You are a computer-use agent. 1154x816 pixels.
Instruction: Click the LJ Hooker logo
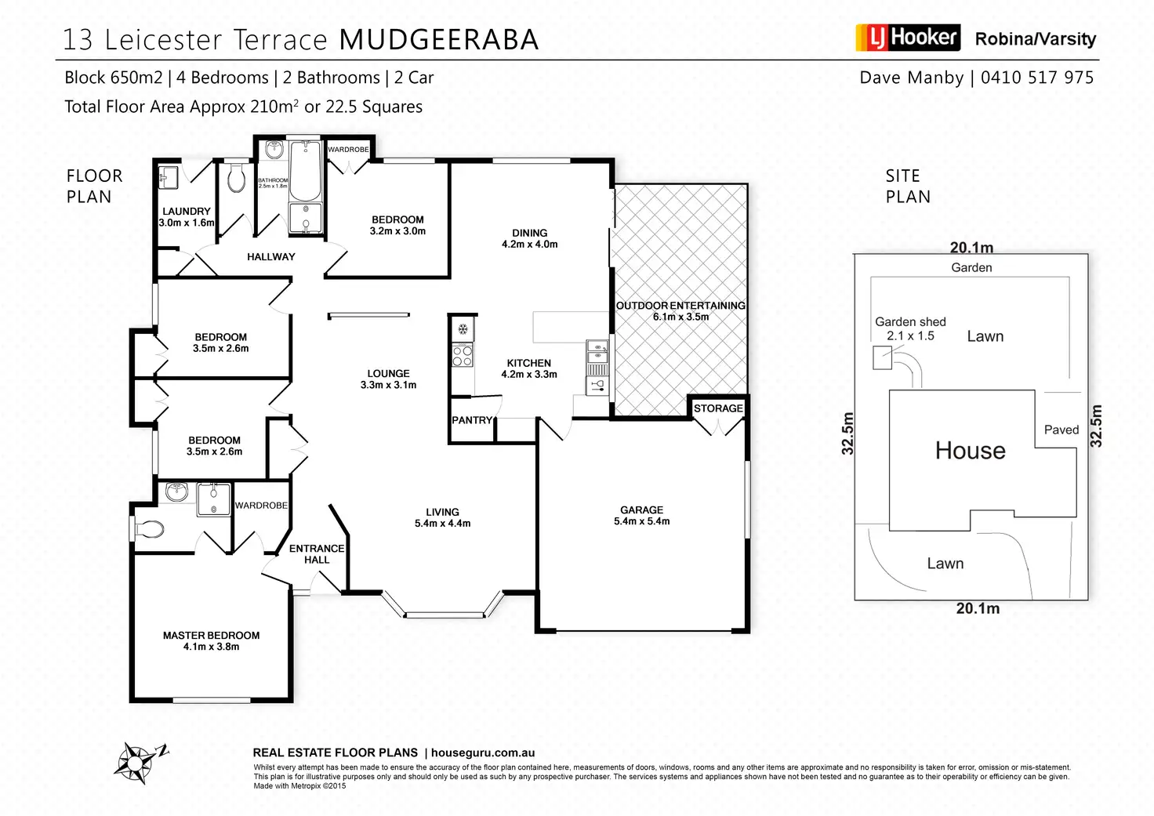click(x=908, y=38)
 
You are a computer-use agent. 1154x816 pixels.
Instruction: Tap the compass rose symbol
click(x=139, y=761)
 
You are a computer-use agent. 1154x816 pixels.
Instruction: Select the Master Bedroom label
click(x=211, y=640)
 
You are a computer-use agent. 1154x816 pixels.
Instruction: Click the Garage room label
click(x=641, y=515)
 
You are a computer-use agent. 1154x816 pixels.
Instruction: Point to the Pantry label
click(x=472, y=420)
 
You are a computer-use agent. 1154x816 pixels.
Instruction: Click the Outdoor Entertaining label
click(x=680, y=310)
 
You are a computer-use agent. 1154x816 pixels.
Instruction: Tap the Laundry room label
click(x=187, y=216)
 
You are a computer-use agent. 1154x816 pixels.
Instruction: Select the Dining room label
click(x=529, y=238)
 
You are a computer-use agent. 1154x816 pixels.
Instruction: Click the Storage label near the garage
click(x=717, y=408)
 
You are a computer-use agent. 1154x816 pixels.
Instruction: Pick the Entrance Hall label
click(x=316, y=553)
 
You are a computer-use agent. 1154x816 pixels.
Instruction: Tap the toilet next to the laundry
click(x=236, y=180)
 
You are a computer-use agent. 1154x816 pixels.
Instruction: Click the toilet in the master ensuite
click(x=151, y=529)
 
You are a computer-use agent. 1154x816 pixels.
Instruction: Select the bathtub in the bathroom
click(x=305, y=170)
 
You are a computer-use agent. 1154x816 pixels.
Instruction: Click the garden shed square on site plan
click(x=882, y=359)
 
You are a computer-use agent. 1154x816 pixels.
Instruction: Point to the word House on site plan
click(x=970, y=451)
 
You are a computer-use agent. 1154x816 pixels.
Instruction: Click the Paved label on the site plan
click(x=1061, y=430)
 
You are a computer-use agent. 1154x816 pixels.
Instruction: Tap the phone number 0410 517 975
click(x=1036, y=78)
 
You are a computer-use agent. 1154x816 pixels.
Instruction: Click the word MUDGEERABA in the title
click(x=439, y=39)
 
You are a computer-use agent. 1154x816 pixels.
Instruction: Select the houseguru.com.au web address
click(x=483, y=753)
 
